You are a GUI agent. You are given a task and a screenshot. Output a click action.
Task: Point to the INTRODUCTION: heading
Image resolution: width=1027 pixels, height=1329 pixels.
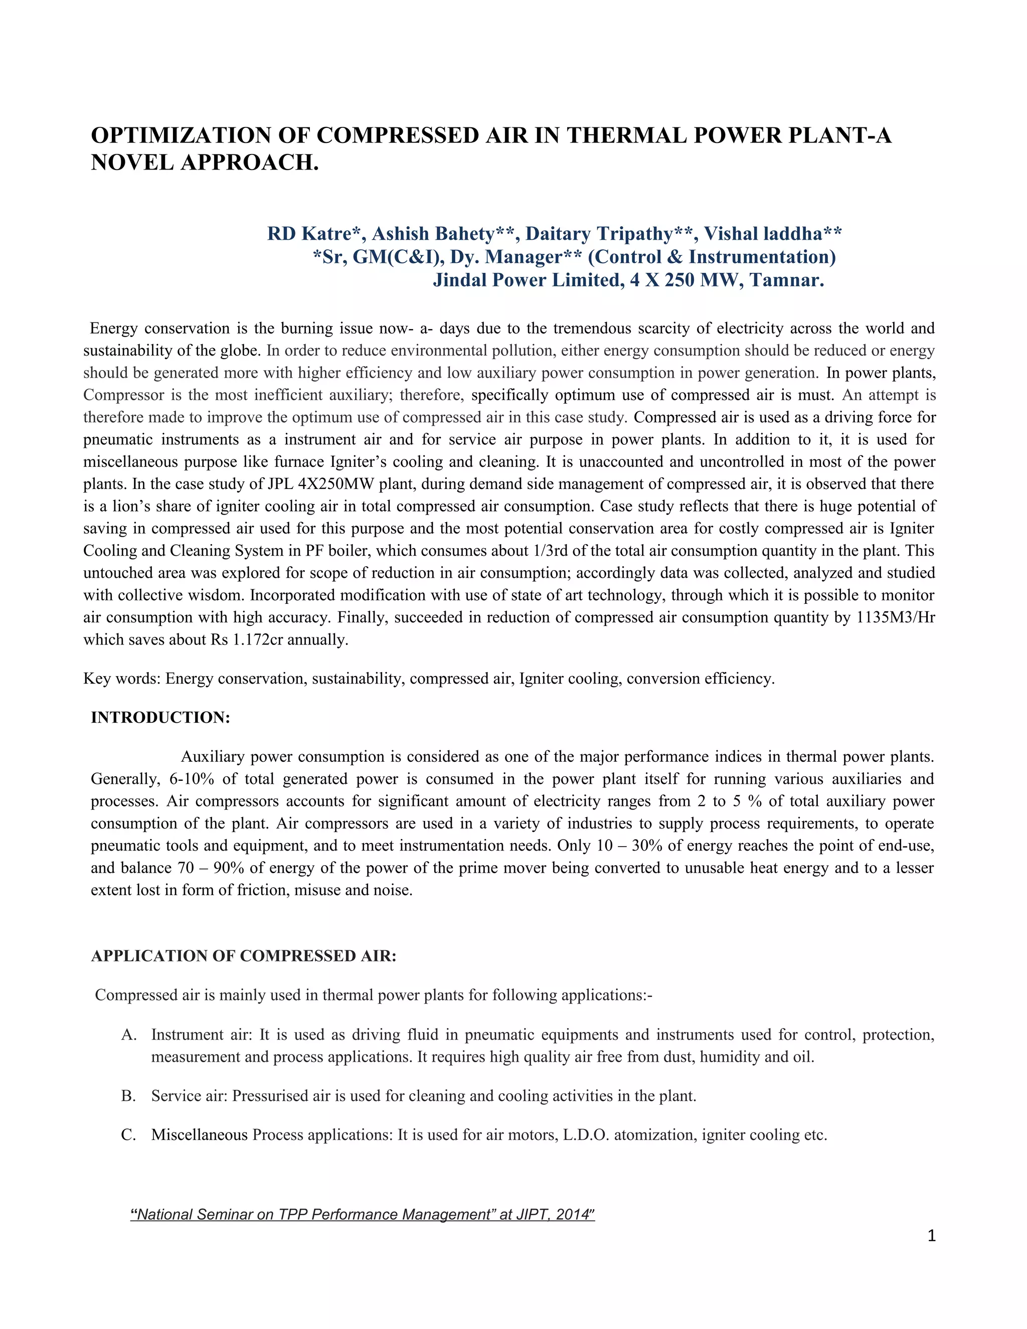160,718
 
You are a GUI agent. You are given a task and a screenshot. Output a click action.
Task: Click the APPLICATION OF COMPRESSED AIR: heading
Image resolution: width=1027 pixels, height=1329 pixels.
243,956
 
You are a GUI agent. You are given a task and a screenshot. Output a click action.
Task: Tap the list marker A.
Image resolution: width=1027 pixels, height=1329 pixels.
128,1035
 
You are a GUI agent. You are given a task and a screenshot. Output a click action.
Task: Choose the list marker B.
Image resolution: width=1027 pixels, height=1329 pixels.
128,1096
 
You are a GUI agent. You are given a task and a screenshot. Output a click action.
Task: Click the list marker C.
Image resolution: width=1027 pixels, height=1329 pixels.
128,1135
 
